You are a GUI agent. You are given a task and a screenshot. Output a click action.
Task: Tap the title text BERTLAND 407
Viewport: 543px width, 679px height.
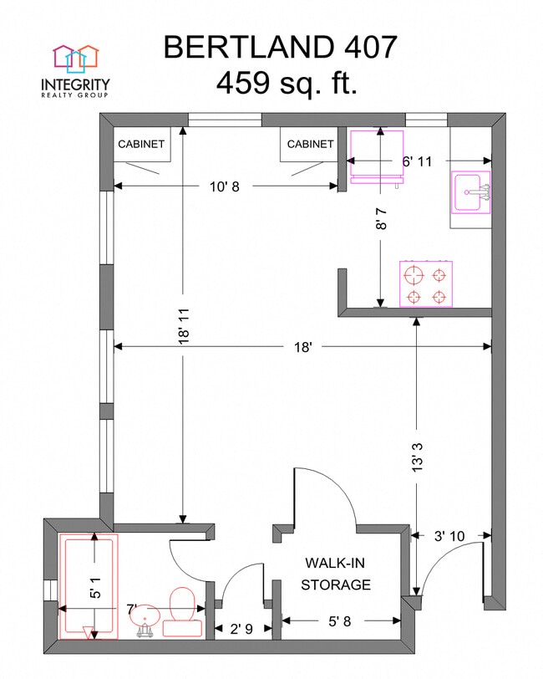(x=280, y=47)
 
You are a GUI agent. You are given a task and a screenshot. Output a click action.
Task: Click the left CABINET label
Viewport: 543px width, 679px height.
(x=141, y=144)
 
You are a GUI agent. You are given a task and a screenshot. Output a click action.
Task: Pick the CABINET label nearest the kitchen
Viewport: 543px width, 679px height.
(x=310, y=144)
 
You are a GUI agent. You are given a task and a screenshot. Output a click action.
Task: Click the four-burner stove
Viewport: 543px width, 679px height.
(x=426, y=283)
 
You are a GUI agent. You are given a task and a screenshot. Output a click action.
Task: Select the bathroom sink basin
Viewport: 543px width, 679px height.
(x=146, y=618)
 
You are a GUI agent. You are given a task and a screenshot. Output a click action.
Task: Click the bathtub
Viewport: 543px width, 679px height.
(x=89, y=586)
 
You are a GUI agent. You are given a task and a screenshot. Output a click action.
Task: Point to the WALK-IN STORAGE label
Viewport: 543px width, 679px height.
(x=336, y=574)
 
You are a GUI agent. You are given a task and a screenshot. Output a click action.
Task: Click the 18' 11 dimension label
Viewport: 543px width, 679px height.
(x=184, y=326)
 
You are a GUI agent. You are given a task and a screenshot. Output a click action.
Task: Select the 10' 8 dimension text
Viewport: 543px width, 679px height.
(x=225, y=186)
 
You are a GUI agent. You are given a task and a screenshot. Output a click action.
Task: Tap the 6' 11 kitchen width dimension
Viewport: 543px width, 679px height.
(x=417, y=161)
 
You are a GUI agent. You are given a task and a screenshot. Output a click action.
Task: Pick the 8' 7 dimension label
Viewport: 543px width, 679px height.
(x=381, y=218)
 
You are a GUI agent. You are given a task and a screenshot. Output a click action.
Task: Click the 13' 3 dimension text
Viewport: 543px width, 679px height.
(x=417, y=457)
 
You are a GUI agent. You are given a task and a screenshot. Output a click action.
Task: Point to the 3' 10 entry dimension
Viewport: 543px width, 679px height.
(x=449, y=536)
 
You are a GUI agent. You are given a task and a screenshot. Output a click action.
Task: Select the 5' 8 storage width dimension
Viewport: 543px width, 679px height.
(x=340, y=621)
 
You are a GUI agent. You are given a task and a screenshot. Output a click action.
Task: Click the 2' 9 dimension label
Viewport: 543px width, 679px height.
(x=241, y=629)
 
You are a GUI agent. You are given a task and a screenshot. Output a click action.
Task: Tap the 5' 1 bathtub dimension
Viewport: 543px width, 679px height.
(x=95, y=587)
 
